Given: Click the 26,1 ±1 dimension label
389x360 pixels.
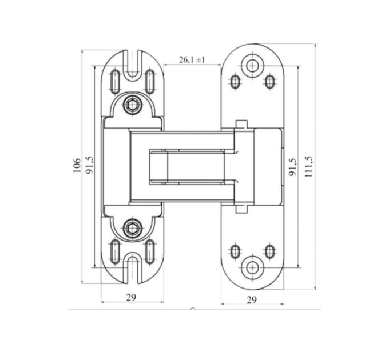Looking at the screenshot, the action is point(192,59).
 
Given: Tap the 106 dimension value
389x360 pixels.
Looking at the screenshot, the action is point(77,165).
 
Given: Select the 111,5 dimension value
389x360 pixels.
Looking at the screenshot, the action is point(308,166).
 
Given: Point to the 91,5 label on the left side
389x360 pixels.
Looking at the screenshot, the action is point(90,165).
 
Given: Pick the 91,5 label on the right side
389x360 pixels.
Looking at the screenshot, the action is point(293,167).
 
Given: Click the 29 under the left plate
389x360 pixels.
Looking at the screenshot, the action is point(131,297).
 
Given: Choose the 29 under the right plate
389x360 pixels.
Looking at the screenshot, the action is point(252,300).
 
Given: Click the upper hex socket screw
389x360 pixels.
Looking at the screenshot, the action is point(133,106).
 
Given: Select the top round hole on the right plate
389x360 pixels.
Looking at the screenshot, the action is point(252,65).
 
